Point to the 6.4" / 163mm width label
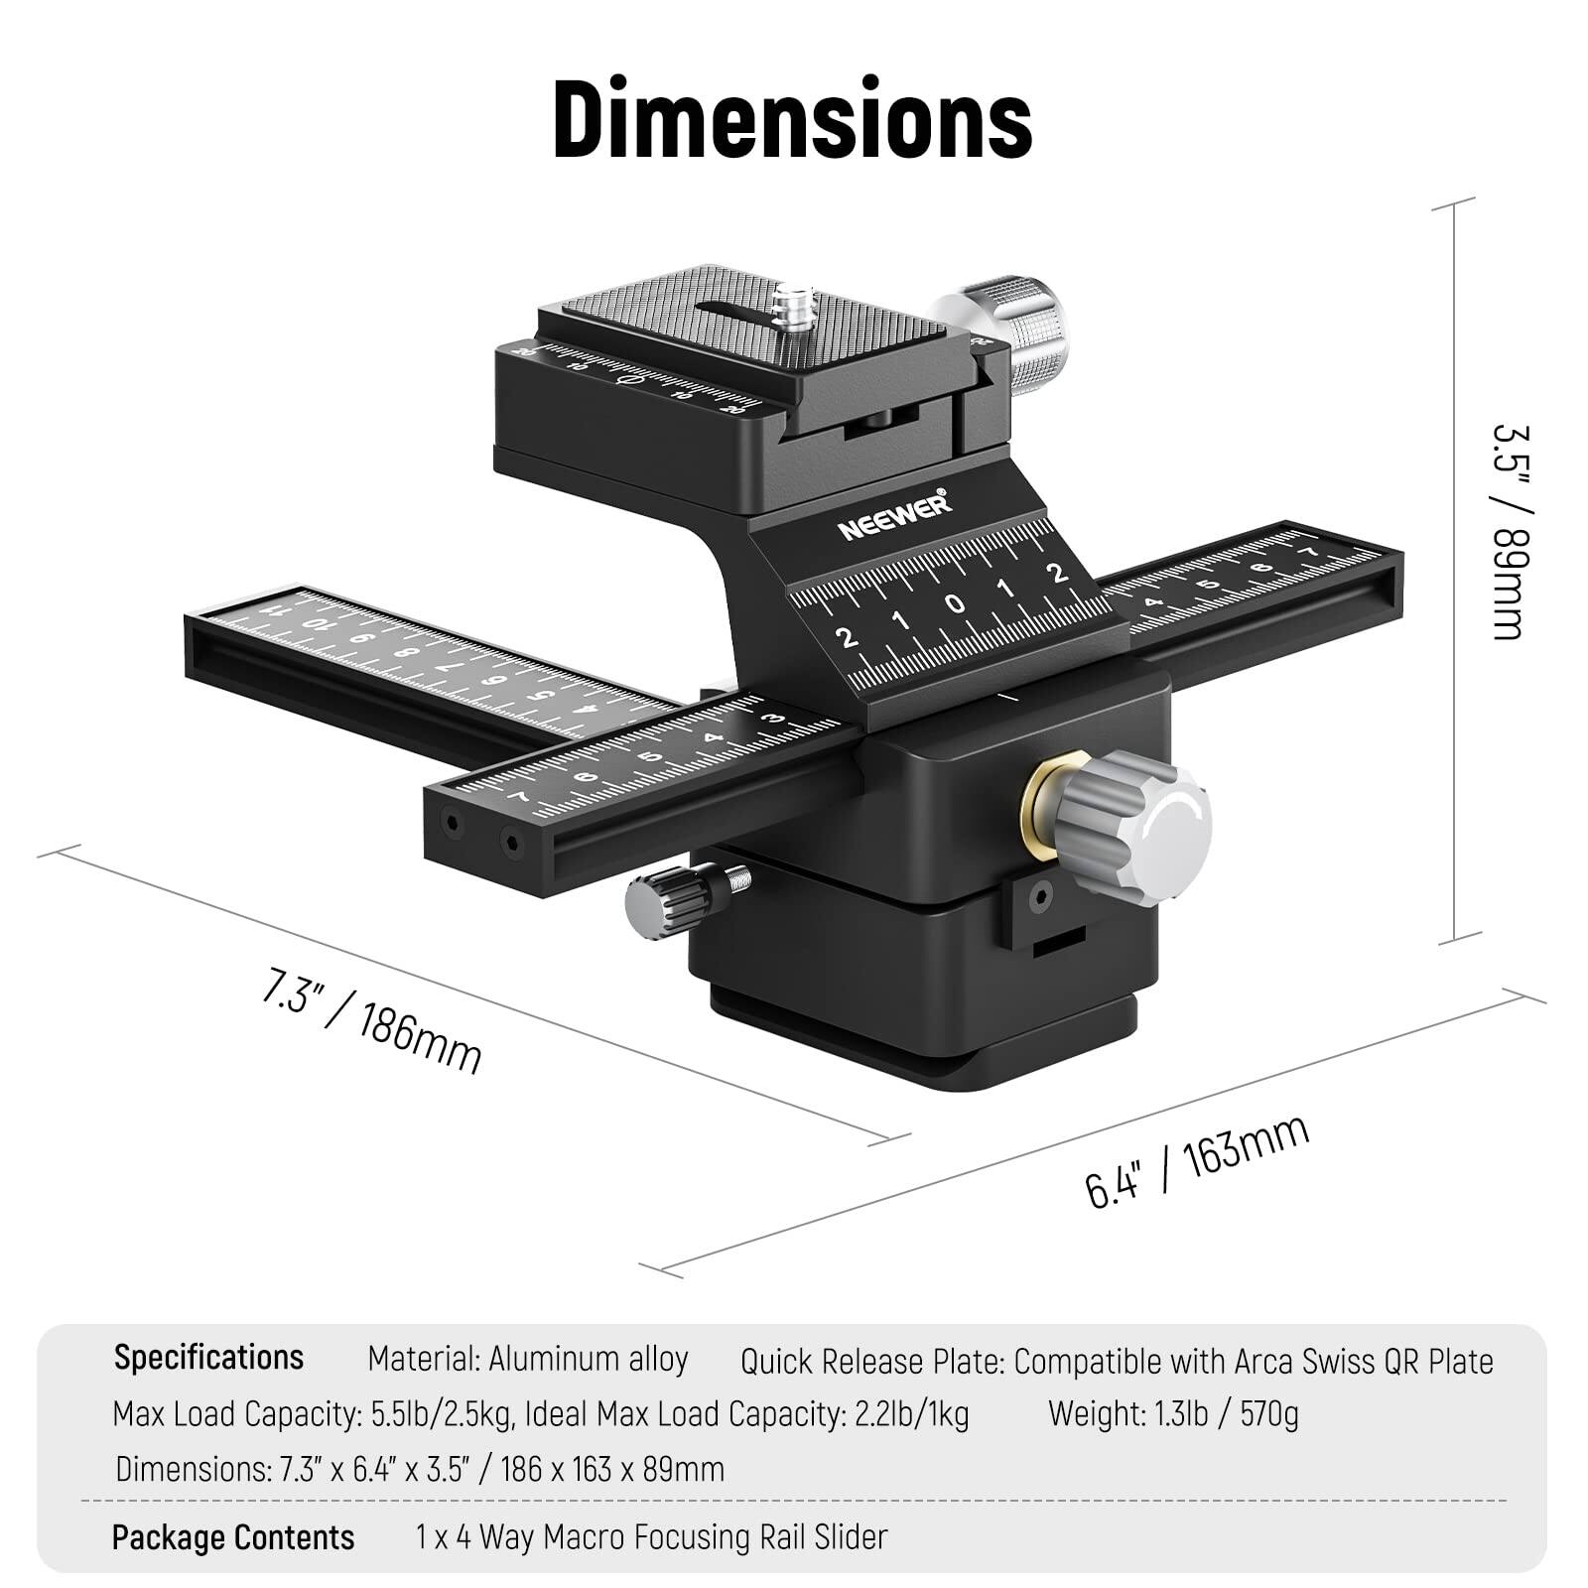1197,1160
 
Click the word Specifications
208,1357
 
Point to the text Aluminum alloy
588,1359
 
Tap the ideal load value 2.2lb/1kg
911,1413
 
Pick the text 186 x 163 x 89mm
612,1468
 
